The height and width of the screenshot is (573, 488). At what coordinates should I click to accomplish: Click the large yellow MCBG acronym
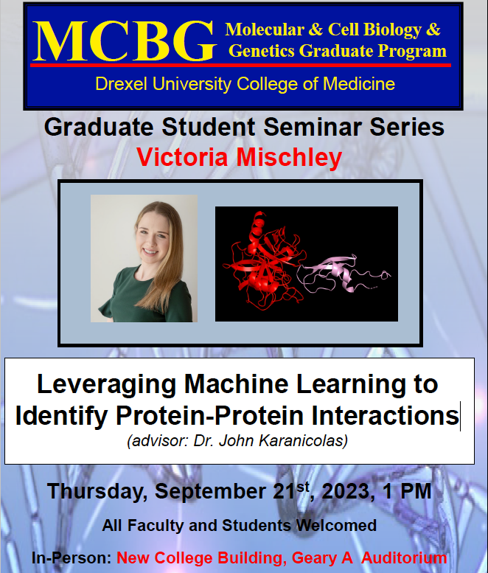coord(124,41)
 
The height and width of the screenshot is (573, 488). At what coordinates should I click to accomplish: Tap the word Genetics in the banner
coord(262,50)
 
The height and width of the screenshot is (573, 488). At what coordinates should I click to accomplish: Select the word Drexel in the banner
coord(122,83)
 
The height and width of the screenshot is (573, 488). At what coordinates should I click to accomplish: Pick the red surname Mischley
coord(289,158)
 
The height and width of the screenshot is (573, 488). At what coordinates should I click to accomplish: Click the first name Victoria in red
coord(182,158)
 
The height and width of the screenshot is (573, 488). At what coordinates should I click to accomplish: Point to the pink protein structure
coord(344,275)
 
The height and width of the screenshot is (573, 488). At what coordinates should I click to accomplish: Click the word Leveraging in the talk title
coord(107,385)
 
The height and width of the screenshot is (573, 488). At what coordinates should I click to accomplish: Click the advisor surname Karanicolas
coord(303,441)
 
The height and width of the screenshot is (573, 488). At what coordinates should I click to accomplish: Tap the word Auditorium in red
coord(404,558)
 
